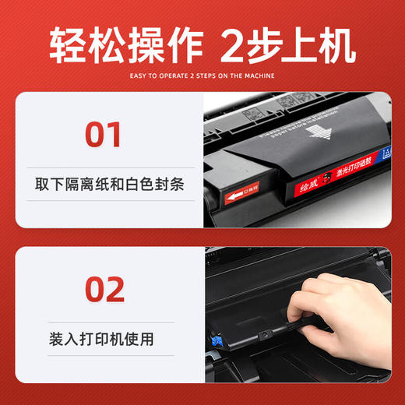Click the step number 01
coord(103,134)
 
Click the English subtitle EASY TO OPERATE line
coord(202,76)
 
